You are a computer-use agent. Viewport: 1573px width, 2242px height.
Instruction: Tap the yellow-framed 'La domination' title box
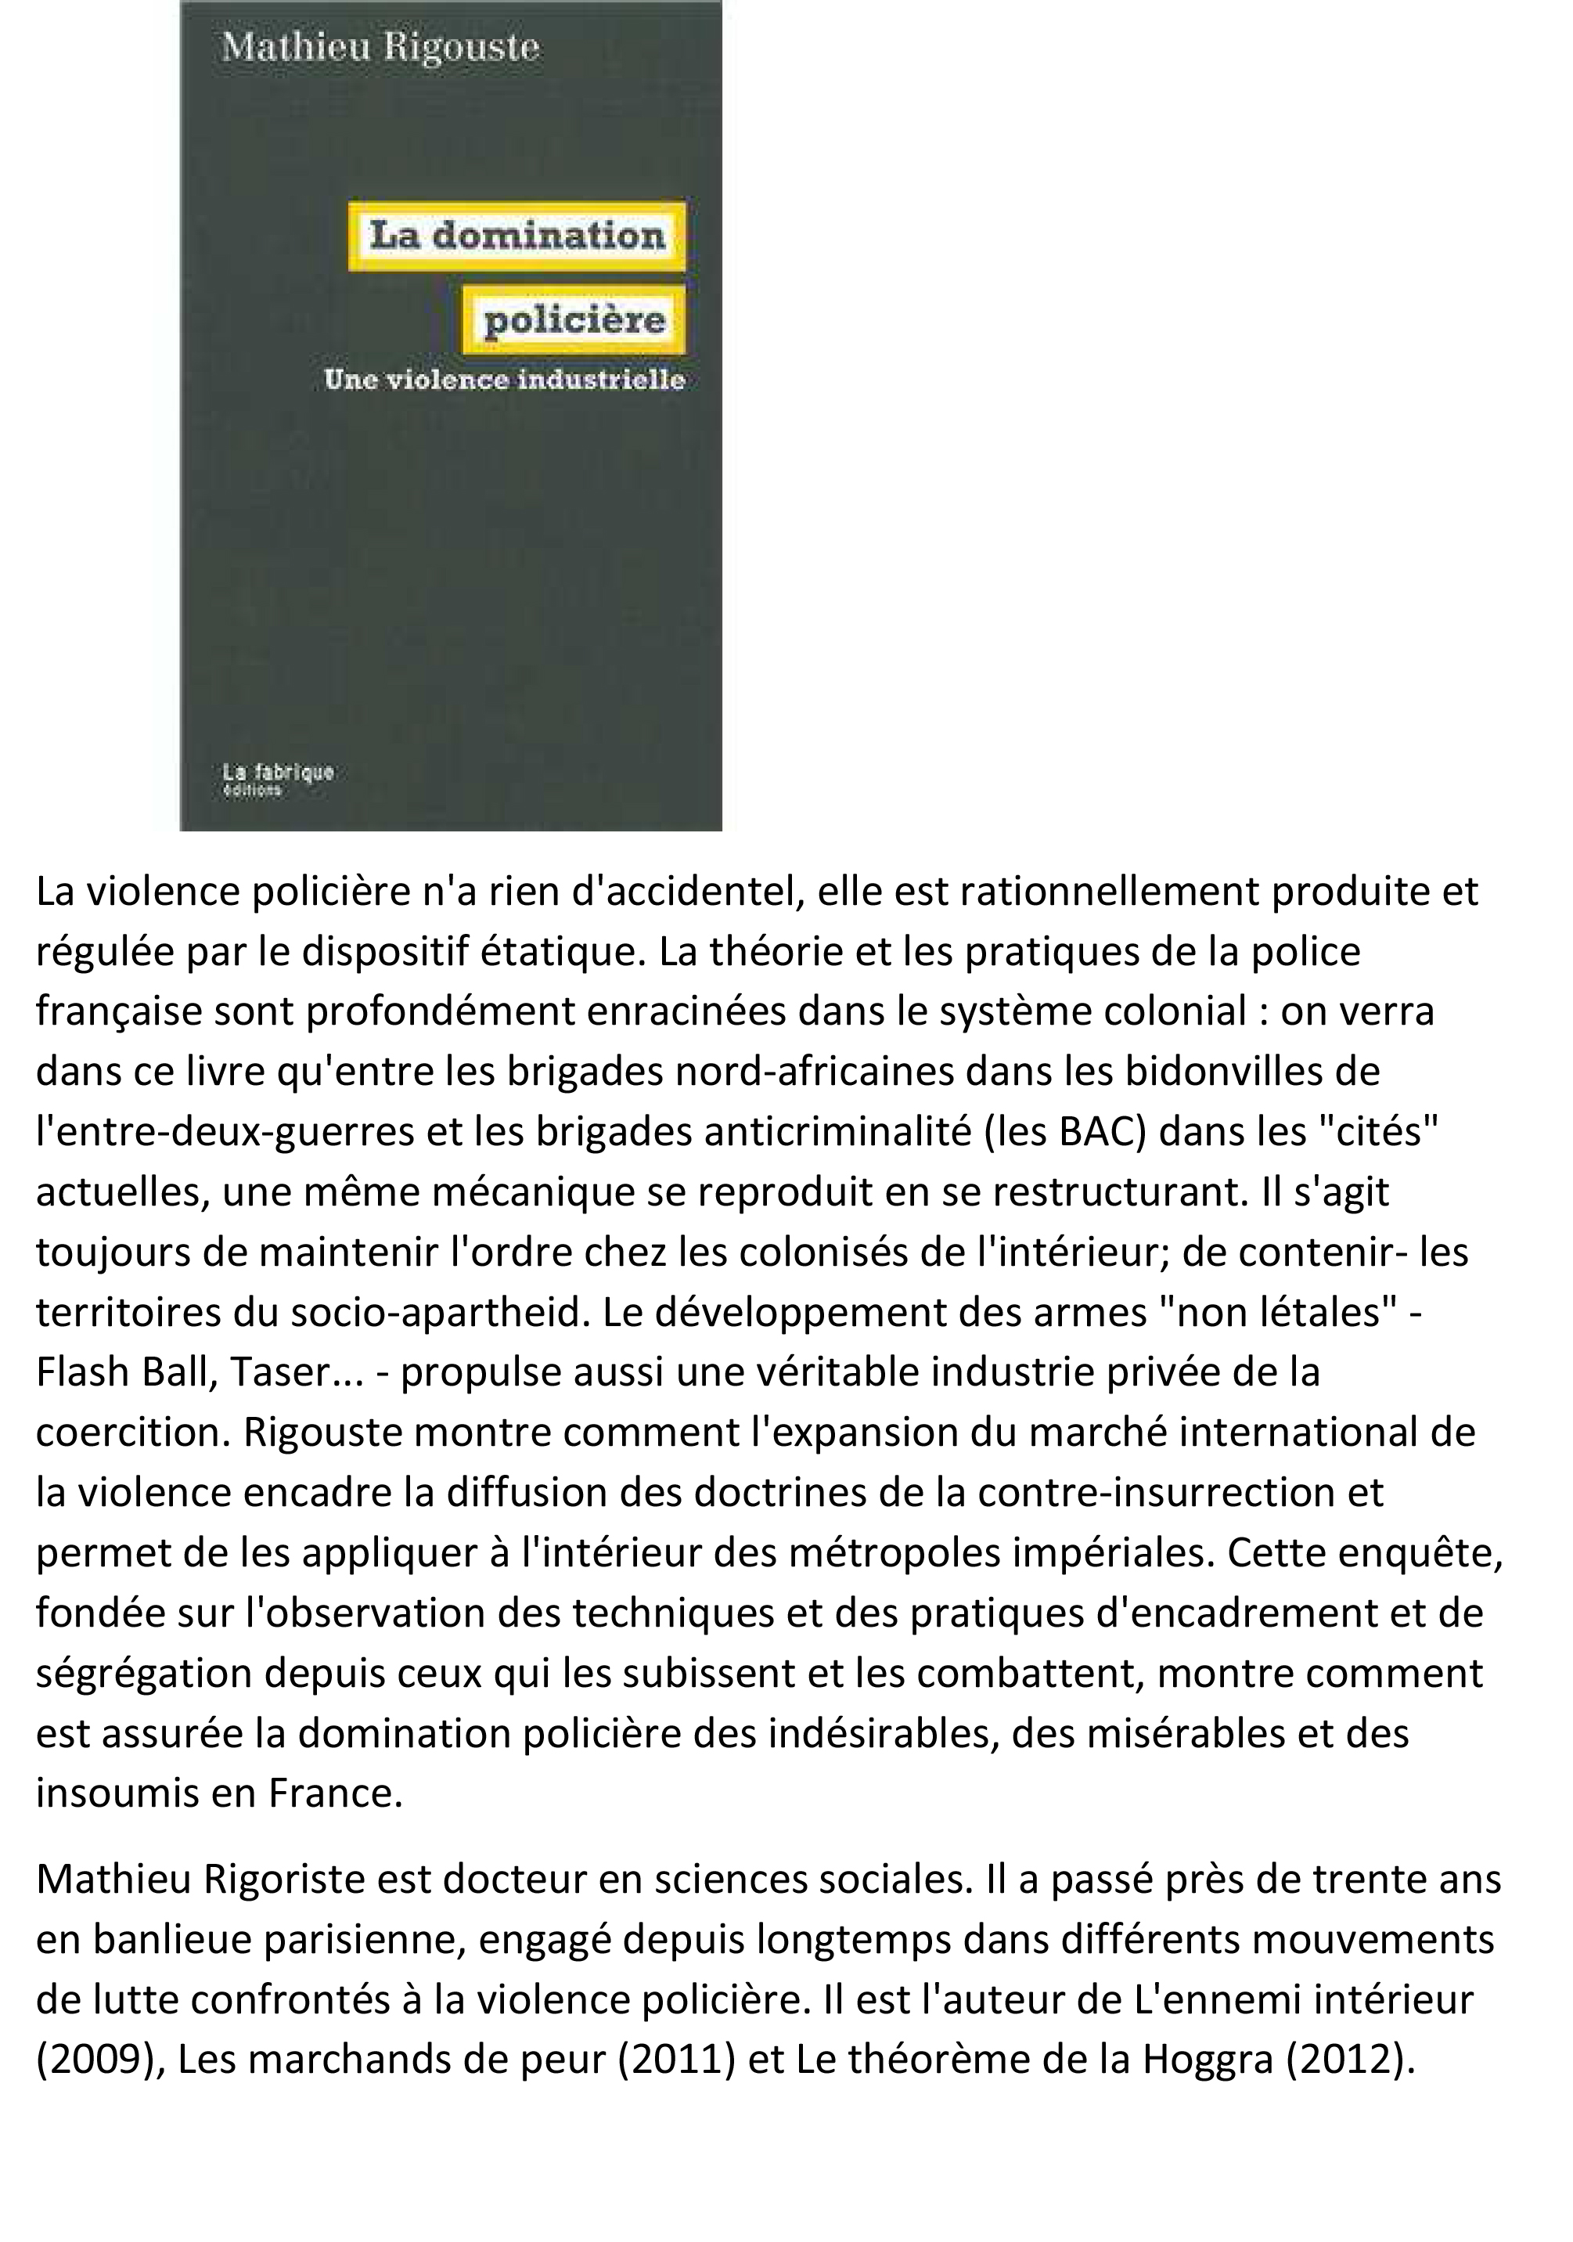tap(517, 236)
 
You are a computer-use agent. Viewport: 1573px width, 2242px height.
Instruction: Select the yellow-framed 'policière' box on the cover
tap(574, 319)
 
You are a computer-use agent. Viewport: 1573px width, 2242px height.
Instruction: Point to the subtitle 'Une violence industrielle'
tap(504, 380)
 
